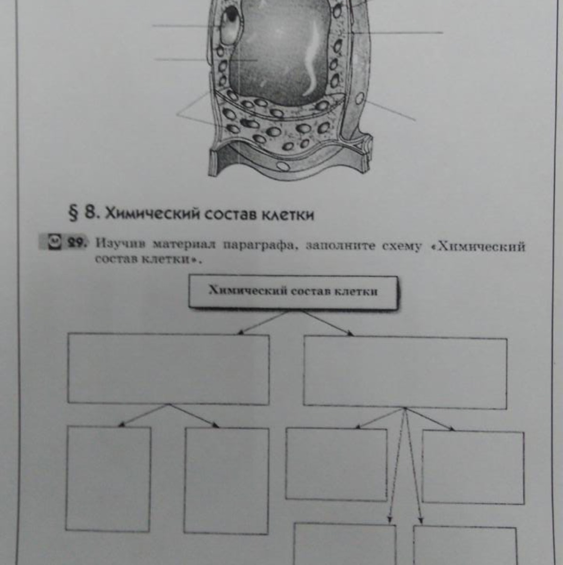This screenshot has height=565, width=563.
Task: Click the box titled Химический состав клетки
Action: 293,292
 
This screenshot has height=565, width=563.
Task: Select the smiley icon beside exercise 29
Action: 55,242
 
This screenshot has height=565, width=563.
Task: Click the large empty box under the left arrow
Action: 168,370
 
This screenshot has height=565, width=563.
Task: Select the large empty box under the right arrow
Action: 405,372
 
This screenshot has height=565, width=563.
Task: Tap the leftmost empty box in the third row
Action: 108,479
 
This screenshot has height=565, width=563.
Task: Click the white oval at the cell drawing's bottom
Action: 284,166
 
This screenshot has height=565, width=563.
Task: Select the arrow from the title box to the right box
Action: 327,323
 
